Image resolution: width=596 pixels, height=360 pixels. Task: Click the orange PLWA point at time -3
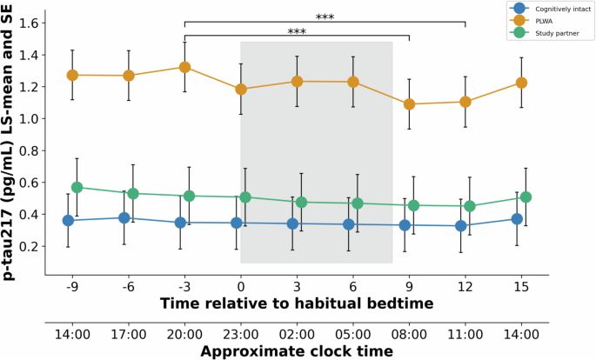(x=184, y=67)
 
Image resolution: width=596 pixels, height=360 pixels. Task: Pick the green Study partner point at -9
(x=77, y=187)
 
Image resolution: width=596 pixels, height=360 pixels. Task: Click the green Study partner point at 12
(x=470, y=206)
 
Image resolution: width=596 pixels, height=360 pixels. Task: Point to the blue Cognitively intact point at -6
(x=124, y=218)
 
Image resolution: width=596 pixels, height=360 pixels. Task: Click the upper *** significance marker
(x=325, y=17)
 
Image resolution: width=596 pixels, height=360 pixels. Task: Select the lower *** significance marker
(x=297, y=32)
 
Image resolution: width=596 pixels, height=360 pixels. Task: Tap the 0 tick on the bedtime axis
(x=241, y=283)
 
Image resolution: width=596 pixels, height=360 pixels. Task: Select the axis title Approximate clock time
(x=297, y=351)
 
